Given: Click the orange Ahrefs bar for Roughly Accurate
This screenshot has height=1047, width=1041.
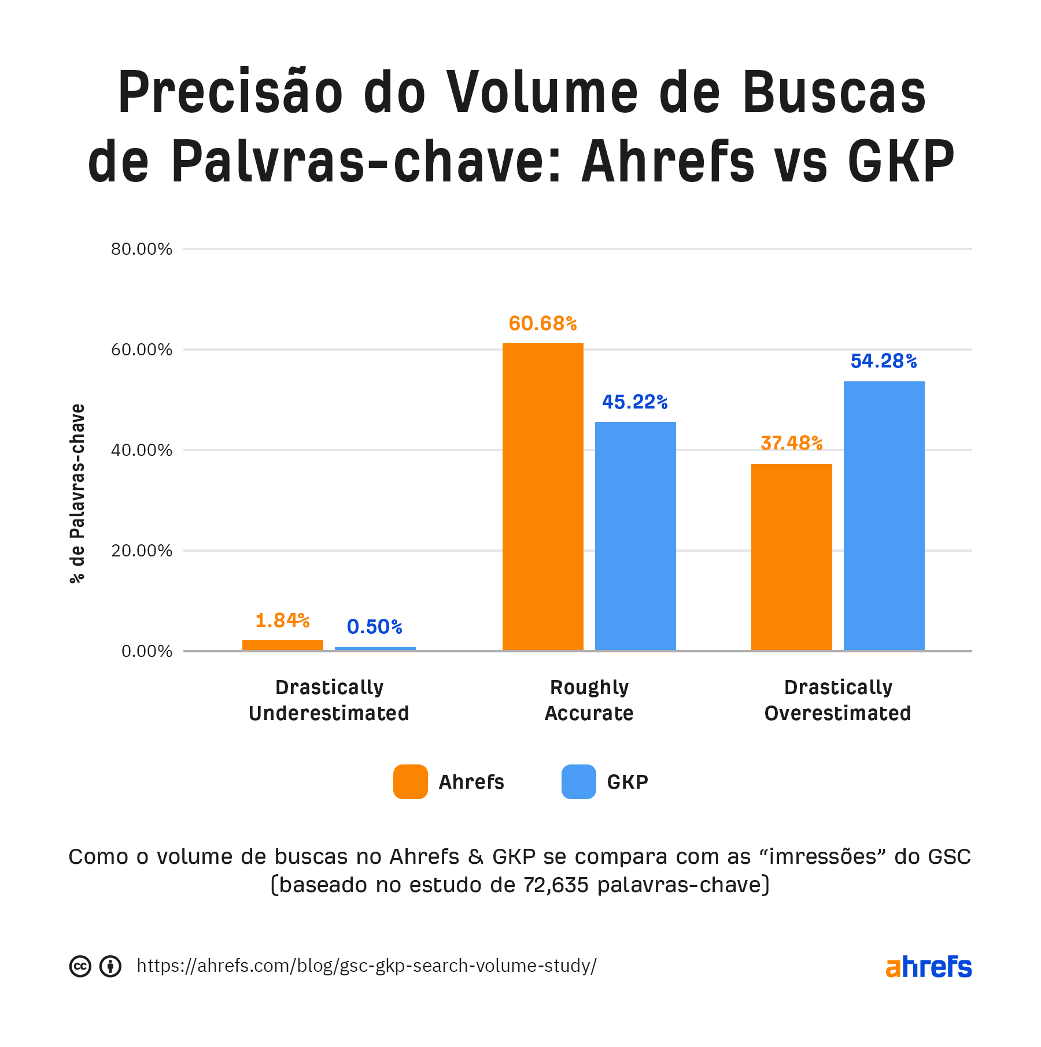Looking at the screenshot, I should click(542, 497).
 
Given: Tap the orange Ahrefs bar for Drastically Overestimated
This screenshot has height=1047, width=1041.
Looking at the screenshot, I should click(791, 557).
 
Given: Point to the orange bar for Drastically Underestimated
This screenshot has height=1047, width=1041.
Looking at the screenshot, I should click(282, 645).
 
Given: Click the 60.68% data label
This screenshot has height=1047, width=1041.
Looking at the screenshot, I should click(542, 324).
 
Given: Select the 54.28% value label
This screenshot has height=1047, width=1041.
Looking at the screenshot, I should click(884, 362).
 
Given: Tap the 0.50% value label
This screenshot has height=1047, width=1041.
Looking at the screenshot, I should click(375, 627).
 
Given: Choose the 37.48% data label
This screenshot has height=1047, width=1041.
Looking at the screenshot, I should click(791, 443).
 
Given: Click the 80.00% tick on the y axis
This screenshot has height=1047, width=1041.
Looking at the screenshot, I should click(142, 249).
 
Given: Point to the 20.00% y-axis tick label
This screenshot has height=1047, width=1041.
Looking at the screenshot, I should click(142, 551).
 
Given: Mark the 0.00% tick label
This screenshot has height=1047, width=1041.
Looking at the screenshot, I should click(147, 651).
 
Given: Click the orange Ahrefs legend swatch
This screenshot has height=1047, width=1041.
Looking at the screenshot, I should click(411, 782).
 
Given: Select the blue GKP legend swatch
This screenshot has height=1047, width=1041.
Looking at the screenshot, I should click(578, 782).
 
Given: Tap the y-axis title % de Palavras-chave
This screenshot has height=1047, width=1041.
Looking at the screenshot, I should click(77, 493).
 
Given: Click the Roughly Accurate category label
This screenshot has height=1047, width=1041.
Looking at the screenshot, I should click(589, 700).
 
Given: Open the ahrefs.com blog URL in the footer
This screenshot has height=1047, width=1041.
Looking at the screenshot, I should click(367, 966).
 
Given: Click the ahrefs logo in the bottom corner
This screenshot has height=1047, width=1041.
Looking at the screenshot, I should click(928, 967).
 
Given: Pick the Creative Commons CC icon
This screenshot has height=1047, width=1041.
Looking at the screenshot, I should click(80, 966).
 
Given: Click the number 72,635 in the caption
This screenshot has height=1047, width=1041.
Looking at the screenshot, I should click(556, 885).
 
